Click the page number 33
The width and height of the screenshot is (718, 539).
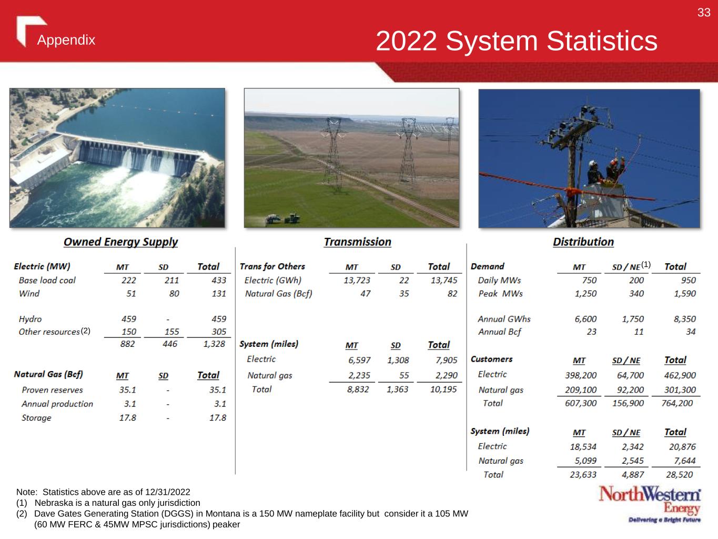pos(704,13)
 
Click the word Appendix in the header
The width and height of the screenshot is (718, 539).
pos(66,40)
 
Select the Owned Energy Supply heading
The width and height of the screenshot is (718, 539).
pos(120,242)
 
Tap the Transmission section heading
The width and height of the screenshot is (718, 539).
pos(358,242)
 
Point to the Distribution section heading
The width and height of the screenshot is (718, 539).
pos(583,242)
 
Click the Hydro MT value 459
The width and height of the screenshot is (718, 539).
pos(128,319)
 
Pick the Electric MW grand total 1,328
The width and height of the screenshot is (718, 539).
pos(214,344)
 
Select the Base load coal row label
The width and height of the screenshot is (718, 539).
pos(47,280)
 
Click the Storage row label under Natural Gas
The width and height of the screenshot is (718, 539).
pos(36,418)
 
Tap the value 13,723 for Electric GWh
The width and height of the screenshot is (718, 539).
pos(357,281)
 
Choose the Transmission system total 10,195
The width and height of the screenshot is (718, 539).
pos(443,390)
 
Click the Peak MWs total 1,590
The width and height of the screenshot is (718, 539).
pos(685,294)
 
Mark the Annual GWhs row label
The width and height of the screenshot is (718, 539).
pos(504,319)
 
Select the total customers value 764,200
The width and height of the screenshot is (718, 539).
pos(677,403)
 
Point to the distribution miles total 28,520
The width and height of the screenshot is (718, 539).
pos(680,475)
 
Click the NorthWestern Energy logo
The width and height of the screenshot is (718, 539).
pos(650,504)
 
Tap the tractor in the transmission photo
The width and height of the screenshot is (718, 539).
pos(291,218)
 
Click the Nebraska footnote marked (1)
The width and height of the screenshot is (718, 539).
pos(108,503)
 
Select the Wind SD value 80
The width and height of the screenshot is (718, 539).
pos(174,294)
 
